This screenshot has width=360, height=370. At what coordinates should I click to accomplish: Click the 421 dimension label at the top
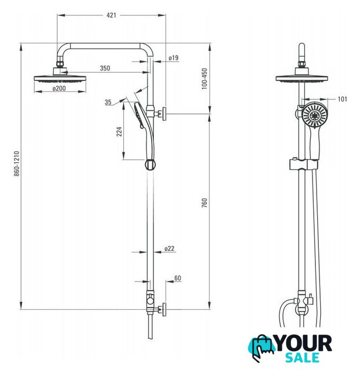[x=111, y=16]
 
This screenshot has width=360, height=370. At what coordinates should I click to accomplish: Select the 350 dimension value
[x=105, y=68]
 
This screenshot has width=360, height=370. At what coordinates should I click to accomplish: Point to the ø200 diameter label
[x=59, y=88]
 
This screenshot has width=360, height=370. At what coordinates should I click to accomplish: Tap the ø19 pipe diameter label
[x=174, y=58]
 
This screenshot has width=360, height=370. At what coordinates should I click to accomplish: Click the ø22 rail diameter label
[x=170, y=249]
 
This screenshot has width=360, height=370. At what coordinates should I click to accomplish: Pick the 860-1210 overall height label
[x=16, y=164]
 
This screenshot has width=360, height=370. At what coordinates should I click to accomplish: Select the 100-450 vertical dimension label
[x=204, y=79]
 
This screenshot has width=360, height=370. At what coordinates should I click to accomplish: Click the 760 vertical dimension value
[x=204, y=203]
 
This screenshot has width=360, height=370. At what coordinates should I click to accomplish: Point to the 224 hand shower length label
[x=119, y=131]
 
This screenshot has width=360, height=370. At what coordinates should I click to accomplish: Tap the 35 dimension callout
[x=108, y=102]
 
